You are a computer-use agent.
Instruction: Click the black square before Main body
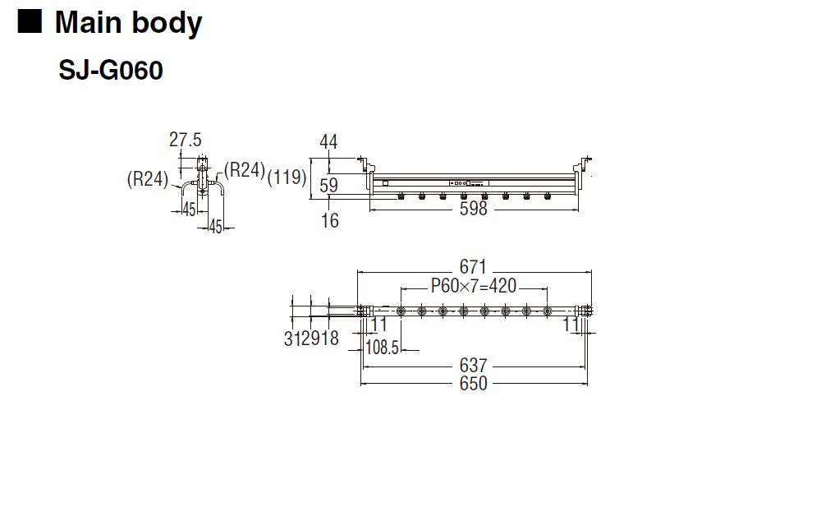tap(30, 22)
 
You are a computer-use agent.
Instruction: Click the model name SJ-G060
tap(111, 71)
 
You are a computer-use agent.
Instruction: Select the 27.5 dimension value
tap(186, 140)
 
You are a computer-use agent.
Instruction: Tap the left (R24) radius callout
tap(148, 178)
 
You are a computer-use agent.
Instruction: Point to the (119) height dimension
tap(287, 177)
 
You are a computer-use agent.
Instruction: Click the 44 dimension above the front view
tap(328, 142)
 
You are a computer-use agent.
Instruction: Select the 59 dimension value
tap(328, 186)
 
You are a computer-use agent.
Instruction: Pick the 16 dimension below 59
tap(329, 220)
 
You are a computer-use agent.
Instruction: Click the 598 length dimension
tap(474, 209)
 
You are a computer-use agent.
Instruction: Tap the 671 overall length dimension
tap(474, 267)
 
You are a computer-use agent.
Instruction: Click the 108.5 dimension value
tap(382, 348)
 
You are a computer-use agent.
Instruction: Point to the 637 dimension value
tap(474, 365)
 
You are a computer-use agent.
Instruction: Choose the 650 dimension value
tap(474, 383)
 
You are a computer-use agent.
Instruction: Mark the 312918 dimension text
tap(311, 339)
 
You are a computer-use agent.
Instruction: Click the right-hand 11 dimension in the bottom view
tap(571, 325)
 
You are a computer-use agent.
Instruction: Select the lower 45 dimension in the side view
tap(216, 228)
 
